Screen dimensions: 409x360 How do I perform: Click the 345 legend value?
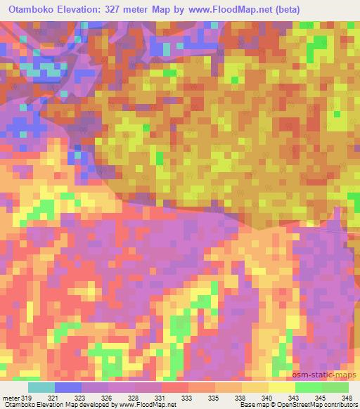[x=320, y=397]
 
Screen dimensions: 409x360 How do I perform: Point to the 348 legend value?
[x=347, y=397]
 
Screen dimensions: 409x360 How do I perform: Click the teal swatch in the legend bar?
[x=41, y=387]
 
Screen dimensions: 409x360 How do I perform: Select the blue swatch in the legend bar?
[x=68, y=387]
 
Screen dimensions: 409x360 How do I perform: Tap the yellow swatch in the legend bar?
[x=281, y=387]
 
